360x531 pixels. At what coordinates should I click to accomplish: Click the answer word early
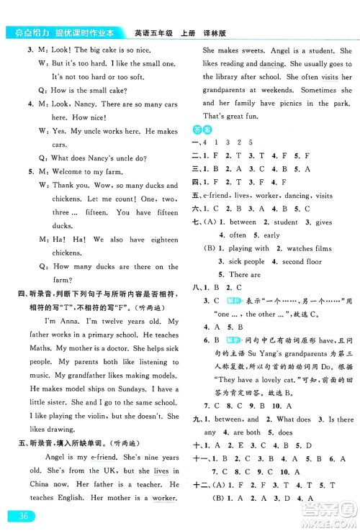(x=271, y=235)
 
